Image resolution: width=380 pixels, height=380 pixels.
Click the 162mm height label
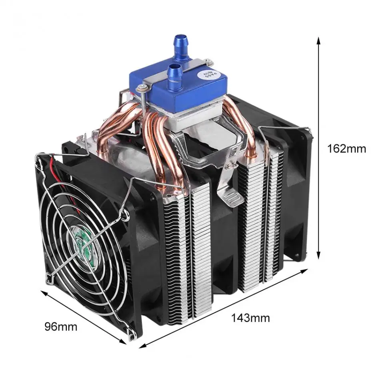pyautogui.click(x=346, y=149)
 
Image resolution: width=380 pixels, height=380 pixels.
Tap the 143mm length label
pyautogui.click(x=250, y=318)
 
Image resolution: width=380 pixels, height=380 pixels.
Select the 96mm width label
pyautogui.click(x=60, y=327)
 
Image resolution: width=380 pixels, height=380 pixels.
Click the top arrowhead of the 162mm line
pyautogui.click(x=319, y=40)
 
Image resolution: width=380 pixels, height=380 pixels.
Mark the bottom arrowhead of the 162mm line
pyautogui.click(x=319, y=256)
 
